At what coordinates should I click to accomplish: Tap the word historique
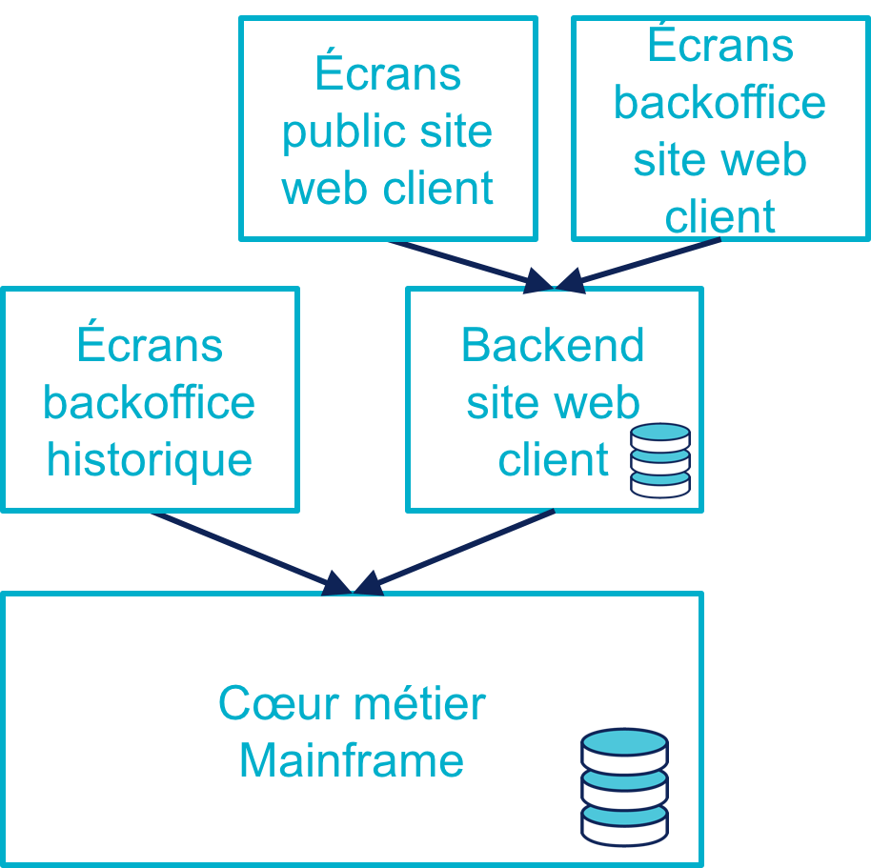(x=150, y=459)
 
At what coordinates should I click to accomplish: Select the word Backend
(x=553, y=345)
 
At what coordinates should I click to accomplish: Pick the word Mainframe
(x=351, y=760)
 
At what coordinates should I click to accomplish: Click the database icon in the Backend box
(x=659, y=460)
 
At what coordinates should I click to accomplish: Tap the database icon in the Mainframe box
(x=624, y=786)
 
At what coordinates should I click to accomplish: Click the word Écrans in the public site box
(x=387, y=74)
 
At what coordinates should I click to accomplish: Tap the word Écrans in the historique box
(x=150, y=345)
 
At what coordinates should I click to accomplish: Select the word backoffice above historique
(x=150, y=402)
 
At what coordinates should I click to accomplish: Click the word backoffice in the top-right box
(x=719, y=102)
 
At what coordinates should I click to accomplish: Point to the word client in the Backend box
(x=553, y=459)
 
